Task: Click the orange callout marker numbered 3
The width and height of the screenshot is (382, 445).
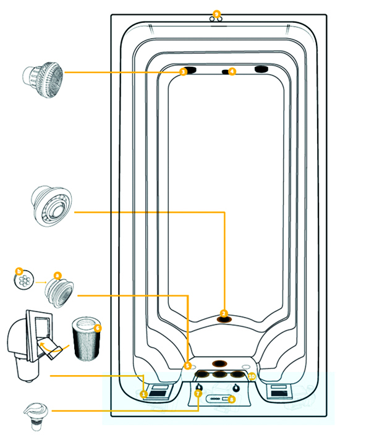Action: click(x=183, y=72)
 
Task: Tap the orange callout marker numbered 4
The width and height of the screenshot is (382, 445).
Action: click(x=232, y=72)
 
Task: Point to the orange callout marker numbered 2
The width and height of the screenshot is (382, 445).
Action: click(x=224, y=313)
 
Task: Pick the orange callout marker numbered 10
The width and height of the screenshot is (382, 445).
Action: click(x=252, y=376)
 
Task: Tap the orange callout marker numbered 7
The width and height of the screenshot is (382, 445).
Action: click(x=198, y=393)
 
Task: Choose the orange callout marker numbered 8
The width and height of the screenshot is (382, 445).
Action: click(x=231, y=399)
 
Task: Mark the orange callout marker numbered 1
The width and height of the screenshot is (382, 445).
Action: click(x=143, y=394)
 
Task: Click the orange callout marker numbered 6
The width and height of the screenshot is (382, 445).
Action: click(x=98, y=328)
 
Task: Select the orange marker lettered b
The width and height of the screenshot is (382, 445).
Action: click(x=19, y=271)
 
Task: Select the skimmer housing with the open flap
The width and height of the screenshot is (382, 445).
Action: click(x=31, y=343)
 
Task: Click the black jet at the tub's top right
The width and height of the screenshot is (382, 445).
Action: click(x=261, y=69)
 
